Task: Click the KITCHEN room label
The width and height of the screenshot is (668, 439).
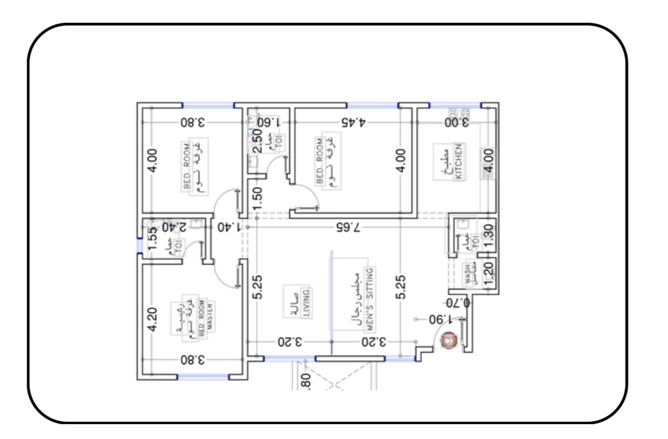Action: [458, 162]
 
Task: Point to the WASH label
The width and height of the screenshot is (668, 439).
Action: [468, 274]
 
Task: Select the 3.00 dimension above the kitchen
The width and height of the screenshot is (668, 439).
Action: [458, 122]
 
